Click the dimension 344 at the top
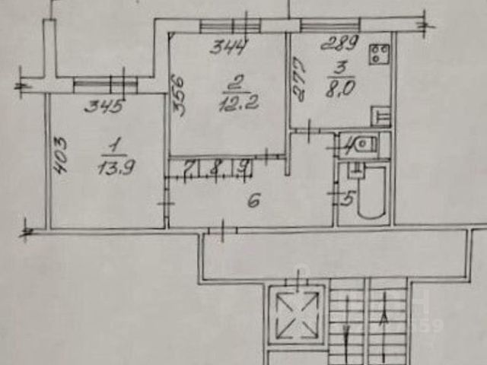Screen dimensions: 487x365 tap(228, 48)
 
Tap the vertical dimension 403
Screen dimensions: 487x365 tap(62, 155)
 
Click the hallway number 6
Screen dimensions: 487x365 tap(254, 201)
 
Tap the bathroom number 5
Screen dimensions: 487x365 tap(348, 200)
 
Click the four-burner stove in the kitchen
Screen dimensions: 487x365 tap(378, 54)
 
